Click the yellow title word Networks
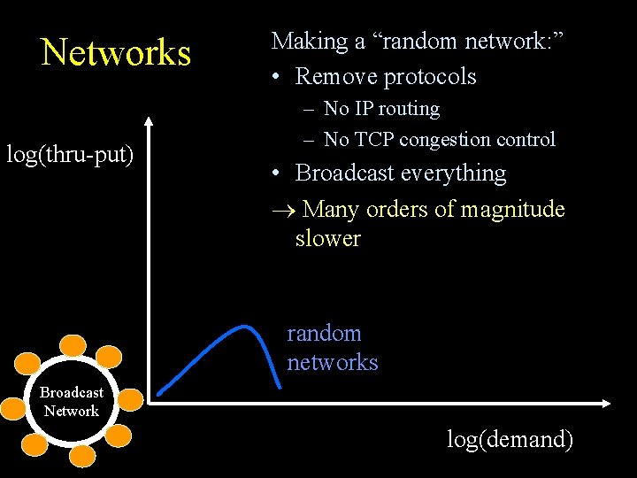coord(116,52)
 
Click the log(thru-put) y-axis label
coord(70,155)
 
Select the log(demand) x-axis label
coord(510,438)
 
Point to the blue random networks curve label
coord(332,348)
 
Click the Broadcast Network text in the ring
coord(72,401)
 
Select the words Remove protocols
coord(386,76)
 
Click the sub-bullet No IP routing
coord(381,109)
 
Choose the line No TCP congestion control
coord(439,139)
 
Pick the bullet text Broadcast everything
coord(400,173)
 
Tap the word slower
coord(327,238)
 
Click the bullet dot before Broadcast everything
coord(278,173)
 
